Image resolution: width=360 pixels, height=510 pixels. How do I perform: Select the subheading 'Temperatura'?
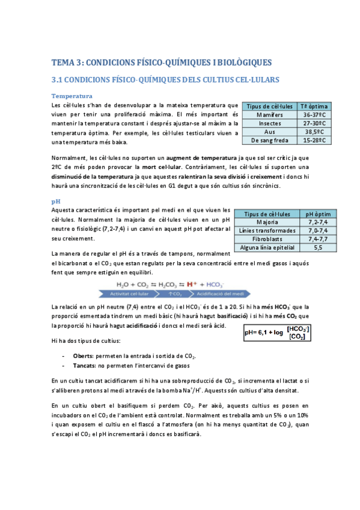coord(72,96)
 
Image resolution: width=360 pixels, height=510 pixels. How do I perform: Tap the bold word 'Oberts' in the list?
coord(83,355)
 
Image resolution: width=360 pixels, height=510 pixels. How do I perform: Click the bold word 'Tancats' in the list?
coord(85,365)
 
